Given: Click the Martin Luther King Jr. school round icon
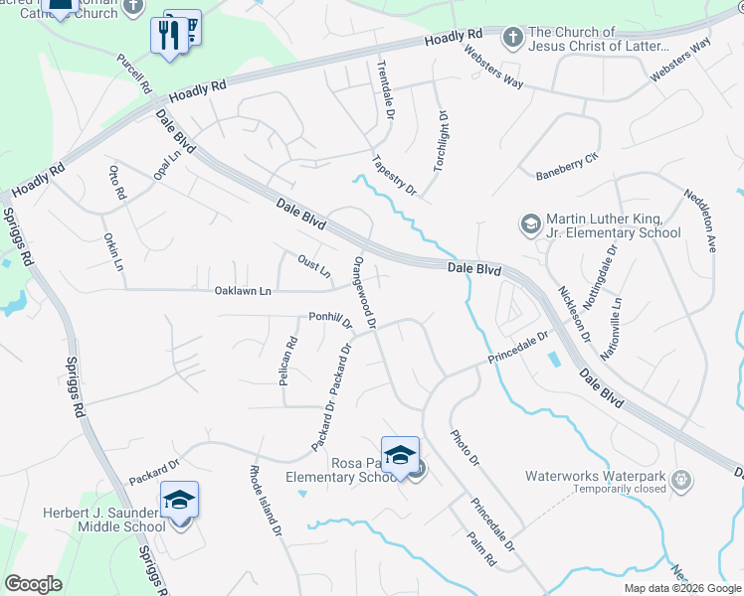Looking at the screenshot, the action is [529, 224].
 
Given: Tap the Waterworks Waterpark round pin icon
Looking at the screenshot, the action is [681, 481].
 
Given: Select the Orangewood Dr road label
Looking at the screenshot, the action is [363, 292].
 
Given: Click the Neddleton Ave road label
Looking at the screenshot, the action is [700, 217].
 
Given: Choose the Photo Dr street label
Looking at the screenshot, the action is [465, 449].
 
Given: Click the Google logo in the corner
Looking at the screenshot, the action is [34, 584].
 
